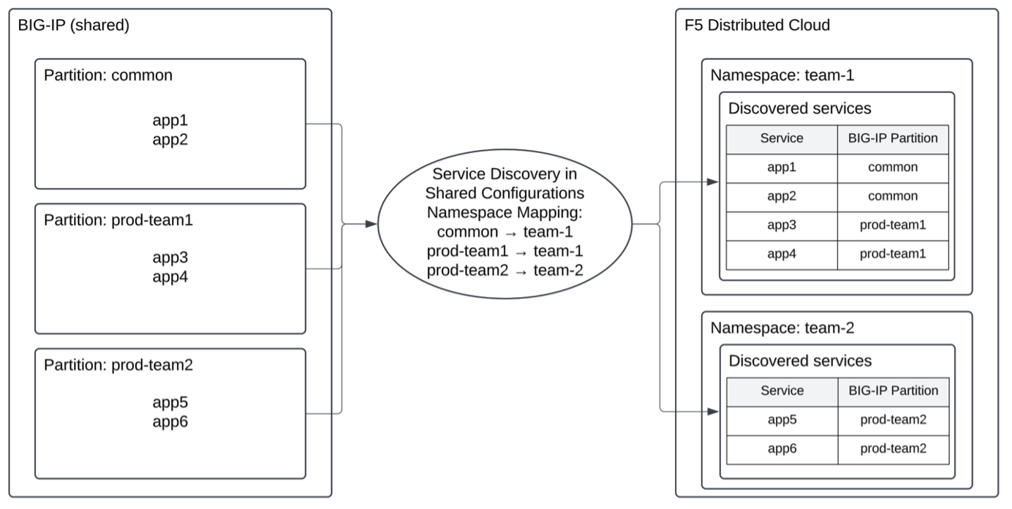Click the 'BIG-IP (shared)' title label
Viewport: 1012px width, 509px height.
click(74, 25)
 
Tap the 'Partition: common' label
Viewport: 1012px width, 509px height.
click(108, 75)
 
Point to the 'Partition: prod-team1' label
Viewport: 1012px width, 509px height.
click(118, 219)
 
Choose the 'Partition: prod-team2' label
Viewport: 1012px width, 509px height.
click(118, 364)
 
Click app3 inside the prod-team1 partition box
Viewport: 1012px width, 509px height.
click(170, 258)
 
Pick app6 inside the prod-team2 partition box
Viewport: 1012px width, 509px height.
click(170, 422)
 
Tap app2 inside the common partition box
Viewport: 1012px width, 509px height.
click(170, 140)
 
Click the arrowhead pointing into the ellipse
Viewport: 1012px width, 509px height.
click(371, 225)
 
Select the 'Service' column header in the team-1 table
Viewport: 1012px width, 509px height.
click(782, 138)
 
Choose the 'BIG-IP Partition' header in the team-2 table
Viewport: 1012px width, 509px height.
click(893, 391)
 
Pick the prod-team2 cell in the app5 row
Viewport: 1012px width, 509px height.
click(893, 420)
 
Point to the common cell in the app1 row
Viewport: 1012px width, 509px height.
click(893, 167)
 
